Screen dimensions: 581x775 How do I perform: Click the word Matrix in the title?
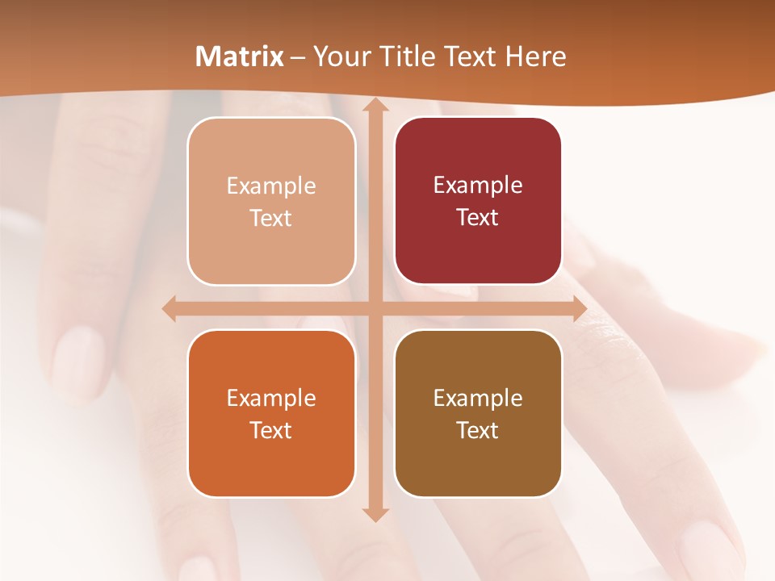(239, 56)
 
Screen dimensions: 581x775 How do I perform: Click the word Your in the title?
(340, 56)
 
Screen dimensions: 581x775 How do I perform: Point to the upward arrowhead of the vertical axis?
(375, 106)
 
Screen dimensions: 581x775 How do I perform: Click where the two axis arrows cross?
(375, 308)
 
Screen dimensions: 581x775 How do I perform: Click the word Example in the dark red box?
(478, 186)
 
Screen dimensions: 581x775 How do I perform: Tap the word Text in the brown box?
(478, 430)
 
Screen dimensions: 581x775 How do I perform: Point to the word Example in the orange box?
(271, 398)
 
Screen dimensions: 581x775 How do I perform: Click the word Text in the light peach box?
(271, 218)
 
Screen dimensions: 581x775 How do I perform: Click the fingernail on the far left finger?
(78, 355)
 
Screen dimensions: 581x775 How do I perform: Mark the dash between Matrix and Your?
(298, 57)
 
